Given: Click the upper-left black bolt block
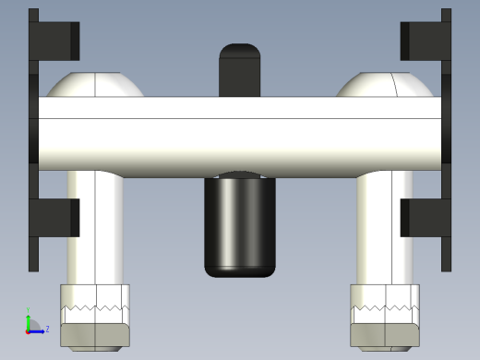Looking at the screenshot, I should pos(55,39).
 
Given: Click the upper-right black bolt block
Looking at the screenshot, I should pos(423,39).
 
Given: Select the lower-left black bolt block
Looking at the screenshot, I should pos(55,217).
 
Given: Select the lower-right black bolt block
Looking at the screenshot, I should pos(424,217).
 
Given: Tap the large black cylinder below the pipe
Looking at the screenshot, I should pos(240,226).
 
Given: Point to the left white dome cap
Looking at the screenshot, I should pos(96,86).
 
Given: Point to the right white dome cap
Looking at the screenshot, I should pos(383,86).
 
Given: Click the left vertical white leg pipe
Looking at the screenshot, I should pos(94,231).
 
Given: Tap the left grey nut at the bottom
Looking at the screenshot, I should pos(95,335).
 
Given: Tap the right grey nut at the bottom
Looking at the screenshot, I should pos(385,335).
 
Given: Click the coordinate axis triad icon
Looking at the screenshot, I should pos(33,324).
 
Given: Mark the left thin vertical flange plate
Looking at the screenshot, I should pos(33,138).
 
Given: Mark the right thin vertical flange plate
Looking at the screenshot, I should pos(446,138).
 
